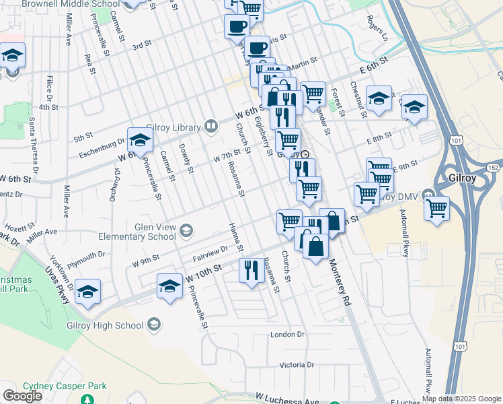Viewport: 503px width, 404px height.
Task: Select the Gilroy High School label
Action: [105, 326]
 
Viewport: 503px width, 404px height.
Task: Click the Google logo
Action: [22, 396]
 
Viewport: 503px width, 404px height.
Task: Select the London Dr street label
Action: [287, 335]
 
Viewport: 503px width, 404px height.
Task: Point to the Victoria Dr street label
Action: [297, 365]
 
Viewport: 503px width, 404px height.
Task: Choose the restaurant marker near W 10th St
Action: [251, 271]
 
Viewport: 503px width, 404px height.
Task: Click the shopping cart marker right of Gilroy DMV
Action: [437, 208]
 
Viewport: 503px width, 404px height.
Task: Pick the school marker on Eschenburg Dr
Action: [140, 140]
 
